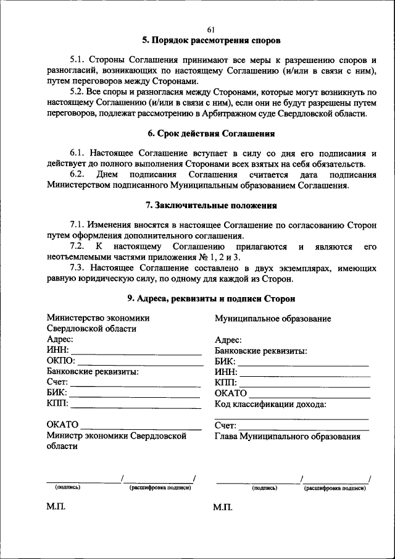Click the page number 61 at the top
(x=211, y=30)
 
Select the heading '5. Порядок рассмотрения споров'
(x=211, y=41)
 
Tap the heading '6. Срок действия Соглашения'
(x=211, y=133)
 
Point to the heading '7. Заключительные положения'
(x=211, y=205)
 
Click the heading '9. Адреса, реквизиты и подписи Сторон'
(x=211, y=298)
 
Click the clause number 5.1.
(x=78, y=60)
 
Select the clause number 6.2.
(x=78, y=175)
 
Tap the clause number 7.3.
(x=78, y=268)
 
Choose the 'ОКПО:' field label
(x=60, y=361)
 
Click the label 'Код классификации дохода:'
(x=270, y=405)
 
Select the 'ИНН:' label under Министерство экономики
(x=58, y=350)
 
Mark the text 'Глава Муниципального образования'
(x=287, y=437)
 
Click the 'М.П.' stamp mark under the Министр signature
(x=55, y=508)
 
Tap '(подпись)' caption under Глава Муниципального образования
(x=264, y=488)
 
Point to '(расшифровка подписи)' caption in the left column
(x=160, y=488)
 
